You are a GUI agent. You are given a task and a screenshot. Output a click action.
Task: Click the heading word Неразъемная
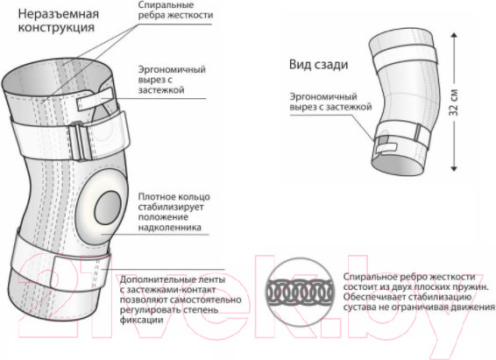[58, 14]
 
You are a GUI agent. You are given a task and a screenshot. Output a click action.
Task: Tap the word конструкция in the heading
[56, 27]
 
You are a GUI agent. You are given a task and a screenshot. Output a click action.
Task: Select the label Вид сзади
[318, 65]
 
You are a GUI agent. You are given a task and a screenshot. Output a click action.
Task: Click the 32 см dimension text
[454, 102]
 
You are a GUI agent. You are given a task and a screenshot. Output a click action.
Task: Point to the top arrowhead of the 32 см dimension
[454, 34]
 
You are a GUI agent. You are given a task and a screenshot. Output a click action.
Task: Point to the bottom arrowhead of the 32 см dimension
[454, 168]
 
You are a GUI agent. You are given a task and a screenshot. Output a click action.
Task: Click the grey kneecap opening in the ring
[108, 208]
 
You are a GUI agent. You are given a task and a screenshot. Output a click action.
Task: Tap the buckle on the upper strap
[81, 141]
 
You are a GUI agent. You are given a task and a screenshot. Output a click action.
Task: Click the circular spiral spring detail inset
[300, 292]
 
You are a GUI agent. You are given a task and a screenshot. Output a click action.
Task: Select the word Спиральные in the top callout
[167, 5]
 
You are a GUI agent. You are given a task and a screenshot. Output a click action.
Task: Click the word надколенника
[169, 228]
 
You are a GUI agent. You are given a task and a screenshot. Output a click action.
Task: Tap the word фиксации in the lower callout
[141, 320]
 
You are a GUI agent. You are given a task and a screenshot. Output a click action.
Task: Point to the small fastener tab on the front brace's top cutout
[95, 100]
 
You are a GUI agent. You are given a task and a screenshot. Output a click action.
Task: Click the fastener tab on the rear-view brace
[386, 148]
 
